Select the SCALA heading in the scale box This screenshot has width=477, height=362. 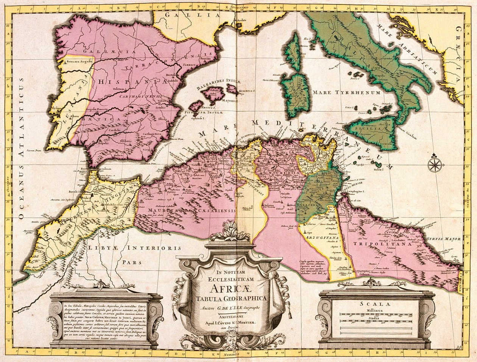[x=377, y=303]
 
